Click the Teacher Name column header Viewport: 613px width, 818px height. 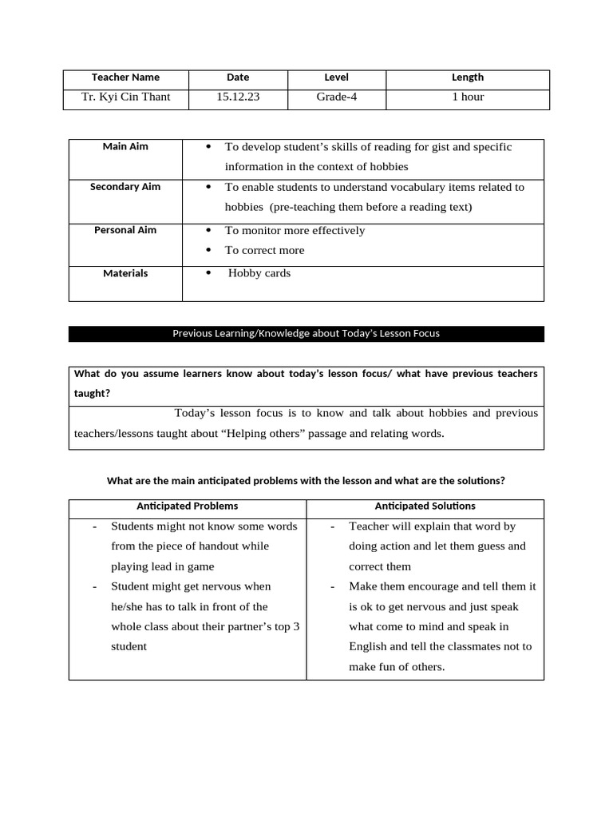point(125,77)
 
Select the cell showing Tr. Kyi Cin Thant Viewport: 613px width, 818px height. point(125,97)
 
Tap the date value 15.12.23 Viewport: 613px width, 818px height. point(238,97)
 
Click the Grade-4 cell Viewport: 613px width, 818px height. point(336,97)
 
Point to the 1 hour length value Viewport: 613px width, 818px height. point(468,97)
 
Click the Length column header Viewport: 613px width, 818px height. point(468,77)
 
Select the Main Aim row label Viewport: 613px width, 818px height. point(125,147)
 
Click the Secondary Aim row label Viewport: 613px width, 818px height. point(125,187)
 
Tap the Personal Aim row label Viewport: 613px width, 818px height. point(125,230)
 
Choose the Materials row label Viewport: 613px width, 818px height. point(125,273)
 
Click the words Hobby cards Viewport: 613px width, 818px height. point(259,273)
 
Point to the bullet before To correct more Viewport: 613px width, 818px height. point(208,251)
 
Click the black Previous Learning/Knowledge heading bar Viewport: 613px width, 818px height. point(306,334)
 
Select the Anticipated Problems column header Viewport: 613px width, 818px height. point(187,506)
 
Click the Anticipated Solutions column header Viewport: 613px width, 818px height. point(425,506)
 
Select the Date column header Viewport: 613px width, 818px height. point(238,77)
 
